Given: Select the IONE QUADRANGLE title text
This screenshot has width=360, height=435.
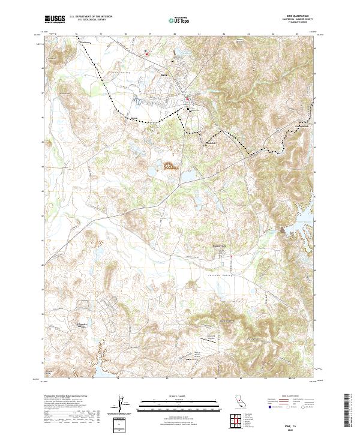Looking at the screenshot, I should click(x=296, y=16).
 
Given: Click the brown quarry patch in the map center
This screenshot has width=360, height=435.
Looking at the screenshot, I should click(x=170, y=167).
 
